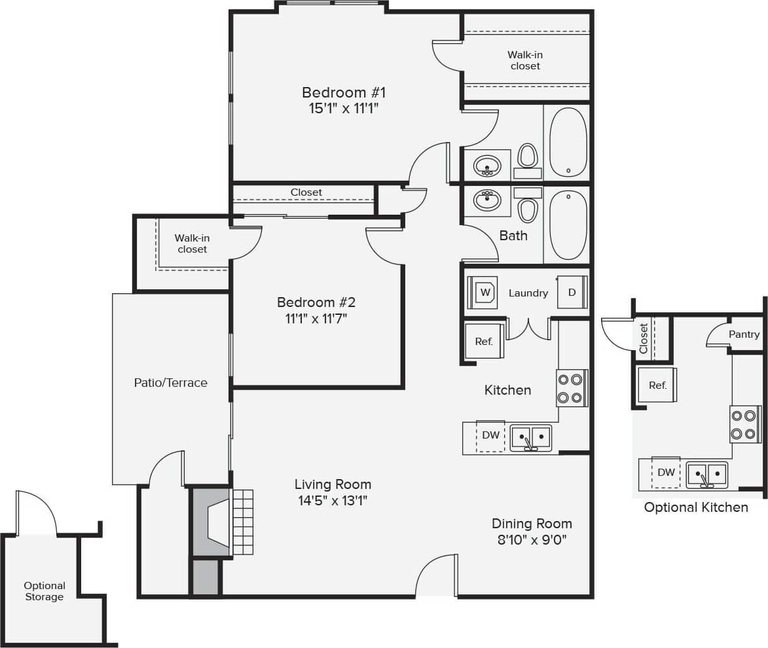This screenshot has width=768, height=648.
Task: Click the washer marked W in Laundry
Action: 485,293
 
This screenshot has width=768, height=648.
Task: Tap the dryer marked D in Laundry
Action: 572,293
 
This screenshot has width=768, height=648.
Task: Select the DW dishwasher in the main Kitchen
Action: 490,435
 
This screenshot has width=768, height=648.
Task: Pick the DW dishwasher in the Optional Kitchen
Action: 666,472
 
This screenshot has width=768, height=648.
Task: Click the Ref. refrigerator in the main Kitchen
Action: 484,341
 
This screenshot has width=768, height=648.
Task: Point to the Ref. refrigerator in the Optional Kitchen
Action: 657,386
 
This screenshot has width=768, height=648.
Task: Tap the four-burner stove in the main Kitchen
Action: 571,388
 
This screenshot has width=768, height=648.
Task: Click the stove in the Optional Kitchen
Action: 744,424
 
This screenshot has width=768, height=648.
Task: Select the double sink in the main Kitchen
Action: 531,437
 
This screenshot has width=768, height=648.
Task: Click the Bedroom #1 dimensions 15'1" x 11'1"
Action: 344,109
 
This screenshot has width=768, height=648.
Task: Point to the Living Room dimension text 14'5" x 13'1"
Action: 333,501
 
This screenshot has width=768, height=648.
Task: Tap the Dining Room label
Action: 532,524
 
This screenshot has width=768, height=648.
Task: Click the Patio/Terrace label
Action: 170,383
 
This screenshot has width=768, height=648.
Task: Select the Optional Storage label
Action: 45,591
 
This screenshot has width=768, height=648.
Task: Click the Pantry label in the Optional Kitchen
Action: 744,334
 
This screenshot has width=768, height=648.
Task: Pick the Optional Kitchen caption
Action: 696,507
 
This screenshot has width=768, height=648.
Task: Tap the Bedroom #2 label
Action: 316,302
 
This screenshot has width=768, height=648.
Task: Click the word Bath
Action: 513,236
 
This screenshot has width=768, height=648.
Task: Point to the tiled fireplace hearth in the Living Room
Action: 242,522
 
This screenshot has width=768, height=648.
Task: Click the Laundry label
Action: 528,293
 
